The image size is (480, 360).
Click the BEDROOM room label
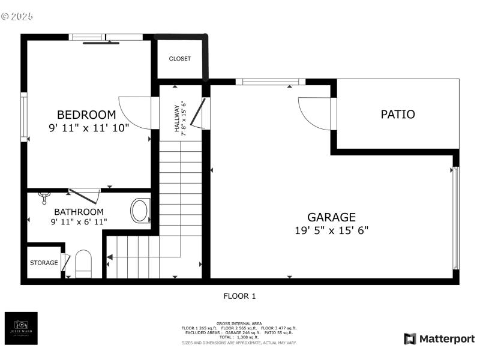(86, 115)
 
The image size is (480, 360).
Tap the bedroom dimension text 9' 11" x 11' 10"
(89, 127)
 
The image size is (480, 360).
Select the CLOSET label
(179, 59)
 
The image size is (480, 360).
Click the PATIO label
(398, 114)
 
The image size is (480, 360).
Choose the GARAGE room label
(331, 217)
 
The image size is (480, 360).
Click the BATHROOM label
(79, 212)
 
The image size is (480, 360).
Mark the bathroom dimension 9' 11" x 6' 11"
(79, 222)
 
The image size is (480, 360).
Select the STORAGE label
(44, 263)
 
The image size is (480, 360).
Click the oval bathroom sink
(140, 211)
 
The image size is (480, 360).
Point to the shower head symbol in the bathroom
(43, 195)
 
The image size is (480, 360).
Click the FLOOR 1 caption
(239, 296)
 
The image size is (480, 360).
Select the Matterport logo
(439, 339)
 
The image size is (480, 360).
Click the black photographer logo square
(21, 328)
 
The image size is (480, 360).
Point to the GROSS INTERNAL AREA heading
(239, 323)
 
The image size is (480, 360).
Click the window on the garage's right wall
(455, 217)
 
